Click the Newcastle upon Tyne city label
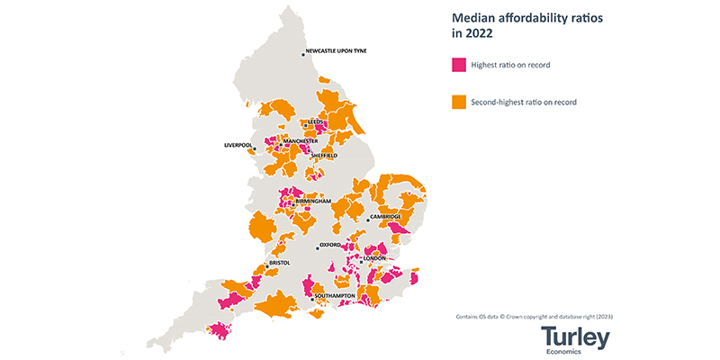pyautogui.click(x=343, y=51)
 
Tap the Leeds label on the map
pyautogui.click(x=316, y=121)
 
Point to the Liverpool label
pyautogui.click(x=238, y=145)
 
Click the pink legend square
pyautogui.click(x=458, y=65)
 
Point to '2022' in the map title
pyautogui.click(x=479, y=34)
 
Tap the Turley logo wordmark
pyautogui.click(x=575, y=337)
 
